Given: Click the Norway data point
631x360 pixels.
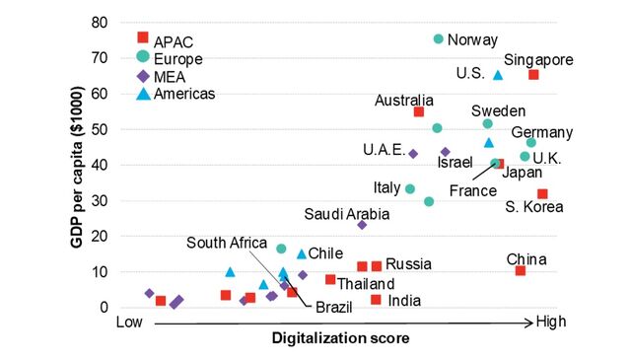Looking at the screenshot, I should [439, 39].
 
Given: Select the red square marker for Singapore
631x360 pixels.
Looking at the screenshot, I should [533, 75].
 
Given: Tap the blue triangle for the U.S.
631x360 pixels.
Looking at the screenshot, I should [498, 74].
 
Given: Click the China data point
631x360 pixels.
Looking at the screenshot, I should [521, 270].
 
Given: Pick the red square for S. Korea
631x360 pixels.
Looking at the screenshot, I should [542, 194].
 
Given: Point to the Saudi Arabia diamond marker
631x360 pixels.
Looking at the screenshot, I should [362, 225].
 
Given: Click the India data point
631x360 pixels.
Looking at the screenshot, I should [376, 300].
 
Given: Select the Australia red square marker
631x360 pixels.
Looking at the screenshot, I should [419, 112].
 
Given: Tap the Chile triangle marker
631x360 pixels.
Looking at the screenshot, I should [302, 253].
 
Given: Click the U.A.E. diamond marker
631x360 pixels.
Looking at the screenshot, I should [413, 154].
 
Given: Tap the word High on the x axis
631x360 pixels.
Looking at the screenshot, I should [550, 322].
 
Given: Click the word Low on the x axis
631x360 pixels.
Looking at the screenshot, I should [130, 322].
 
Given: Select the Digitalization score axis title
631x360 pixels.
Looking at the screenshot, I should [340, 338].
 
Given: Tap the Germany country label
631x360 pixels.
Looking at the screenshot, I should [542, 133].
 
